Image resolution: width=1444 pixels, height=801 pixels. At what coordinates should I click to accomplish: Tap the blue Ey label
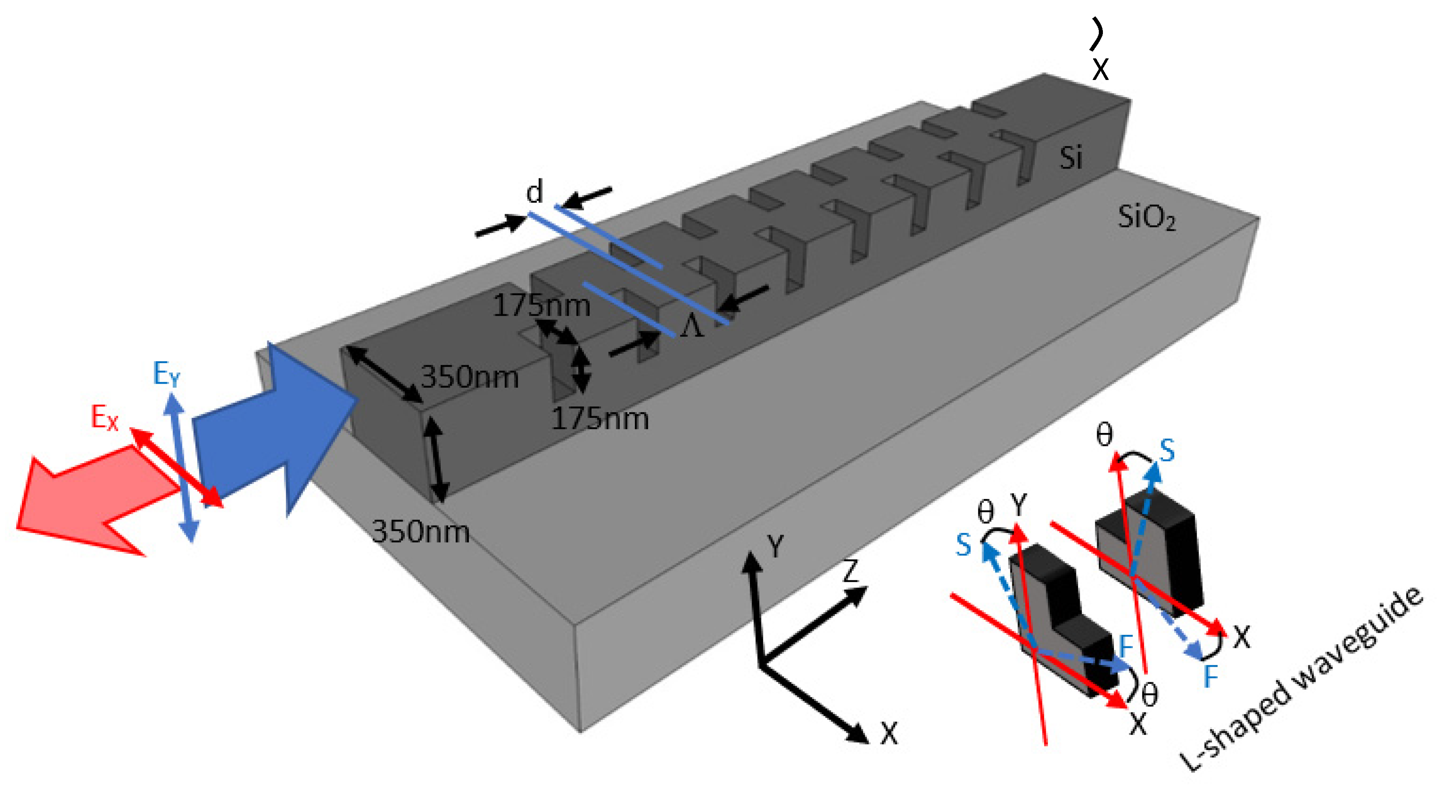pos(166,373)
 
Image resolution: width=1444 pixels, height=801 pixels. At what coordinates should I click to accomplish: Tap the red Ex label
pos(105,417)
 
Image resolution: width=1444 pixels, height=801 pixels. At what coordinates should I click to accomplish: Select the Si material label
pos(1071,158)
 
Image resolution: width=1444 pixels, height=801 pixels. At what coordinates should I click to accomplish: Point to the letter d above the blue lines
pos(534,192)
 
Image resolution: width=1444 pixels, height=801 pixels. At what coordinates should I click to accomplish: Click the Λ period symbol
pos(691,325)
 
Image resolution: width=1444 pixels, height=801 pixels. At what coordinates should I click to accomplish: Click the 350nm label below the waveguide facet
pos(420,531)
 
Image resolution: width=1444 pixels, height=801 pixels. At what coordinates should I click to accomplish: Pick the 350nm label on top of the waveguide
pos(469,377)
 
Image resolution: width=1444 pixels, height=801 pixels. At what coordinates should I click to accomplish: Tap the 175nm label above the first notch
pos(541,306)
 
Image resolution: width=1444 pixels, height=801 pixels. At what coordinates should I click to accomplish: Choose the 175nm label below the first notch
pos(600,419)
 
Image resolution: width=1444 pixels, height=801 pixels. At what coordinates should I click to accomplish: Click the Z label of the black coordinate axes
pos(850,570)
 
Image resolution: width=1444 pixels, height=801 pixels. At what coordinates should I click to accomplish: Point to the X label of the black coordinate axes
pos(889,732)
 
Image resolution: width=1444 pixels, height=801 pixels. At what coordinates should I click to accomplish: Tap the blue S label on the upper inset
pos(1167,450)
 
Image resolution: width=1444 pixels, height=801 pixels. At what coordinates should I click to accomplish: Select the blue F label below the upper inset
pos(1211,677)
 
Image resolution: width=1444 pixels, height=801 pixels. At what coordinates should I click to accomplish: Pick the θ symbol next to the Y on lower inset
pos(985,511)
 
